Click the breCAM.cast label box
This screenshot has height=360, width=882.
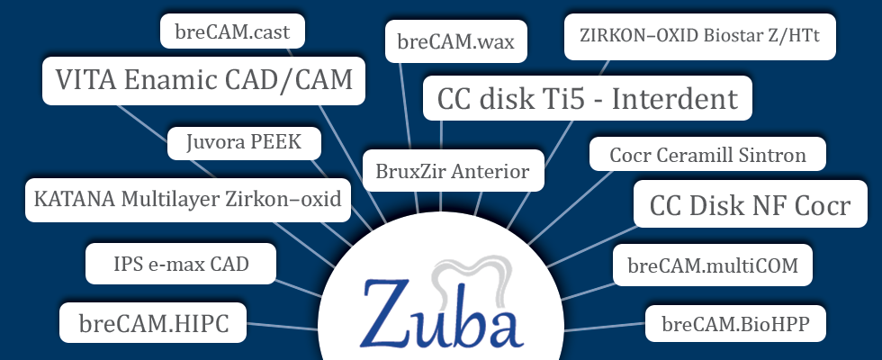pyautogui.click(x=232, y=31)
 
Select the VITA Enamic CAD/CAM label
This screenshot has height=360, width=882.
pyautogui.click(x=204, y=80)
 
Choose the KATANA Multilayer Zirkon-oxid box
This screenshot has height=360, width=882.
pyautogui.click(x=187, y=198)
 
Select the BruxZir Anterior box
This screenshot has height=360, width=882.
pyautogui.click(x=453, y=170)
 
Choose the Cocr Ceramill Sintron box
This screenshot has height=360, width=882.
pyautogui.click(x=706, y=154)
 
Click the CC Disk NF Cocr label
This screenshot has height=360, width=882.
pyautogui.click(x=750, y=205)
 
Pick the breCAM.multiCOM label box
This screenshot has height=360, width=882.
pyautogui.click(x=713, y=265)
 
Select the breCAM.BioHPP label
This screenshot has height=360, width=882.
pyautogui.click(x=735, y=323)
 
